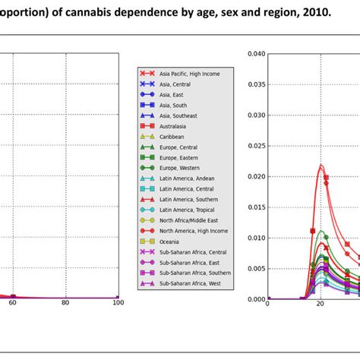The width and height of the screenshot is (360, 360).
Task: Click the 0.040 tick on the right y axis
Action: point(255,54)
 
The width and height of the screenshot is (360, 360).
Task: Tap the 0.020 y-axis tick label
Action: point(255,176)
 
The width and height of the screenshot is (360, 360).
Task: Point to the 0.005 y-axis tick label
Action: point(255,268)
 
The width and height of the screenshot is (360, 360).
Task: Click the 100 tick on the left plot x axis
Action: point(117,303)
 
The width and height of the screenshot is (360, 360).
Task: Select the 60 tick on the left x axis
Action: point(13,303)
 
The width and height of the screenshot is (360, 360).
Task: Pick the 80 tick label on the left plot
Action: point(65,303)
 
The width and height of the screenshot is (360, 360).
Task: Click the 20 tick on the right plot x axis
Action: point(320,304)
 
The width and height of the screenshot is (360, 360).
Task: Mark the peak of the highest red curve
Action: point(321,164)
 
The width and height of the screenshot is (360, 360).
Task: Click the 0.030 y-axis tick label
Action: point(255,115)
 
